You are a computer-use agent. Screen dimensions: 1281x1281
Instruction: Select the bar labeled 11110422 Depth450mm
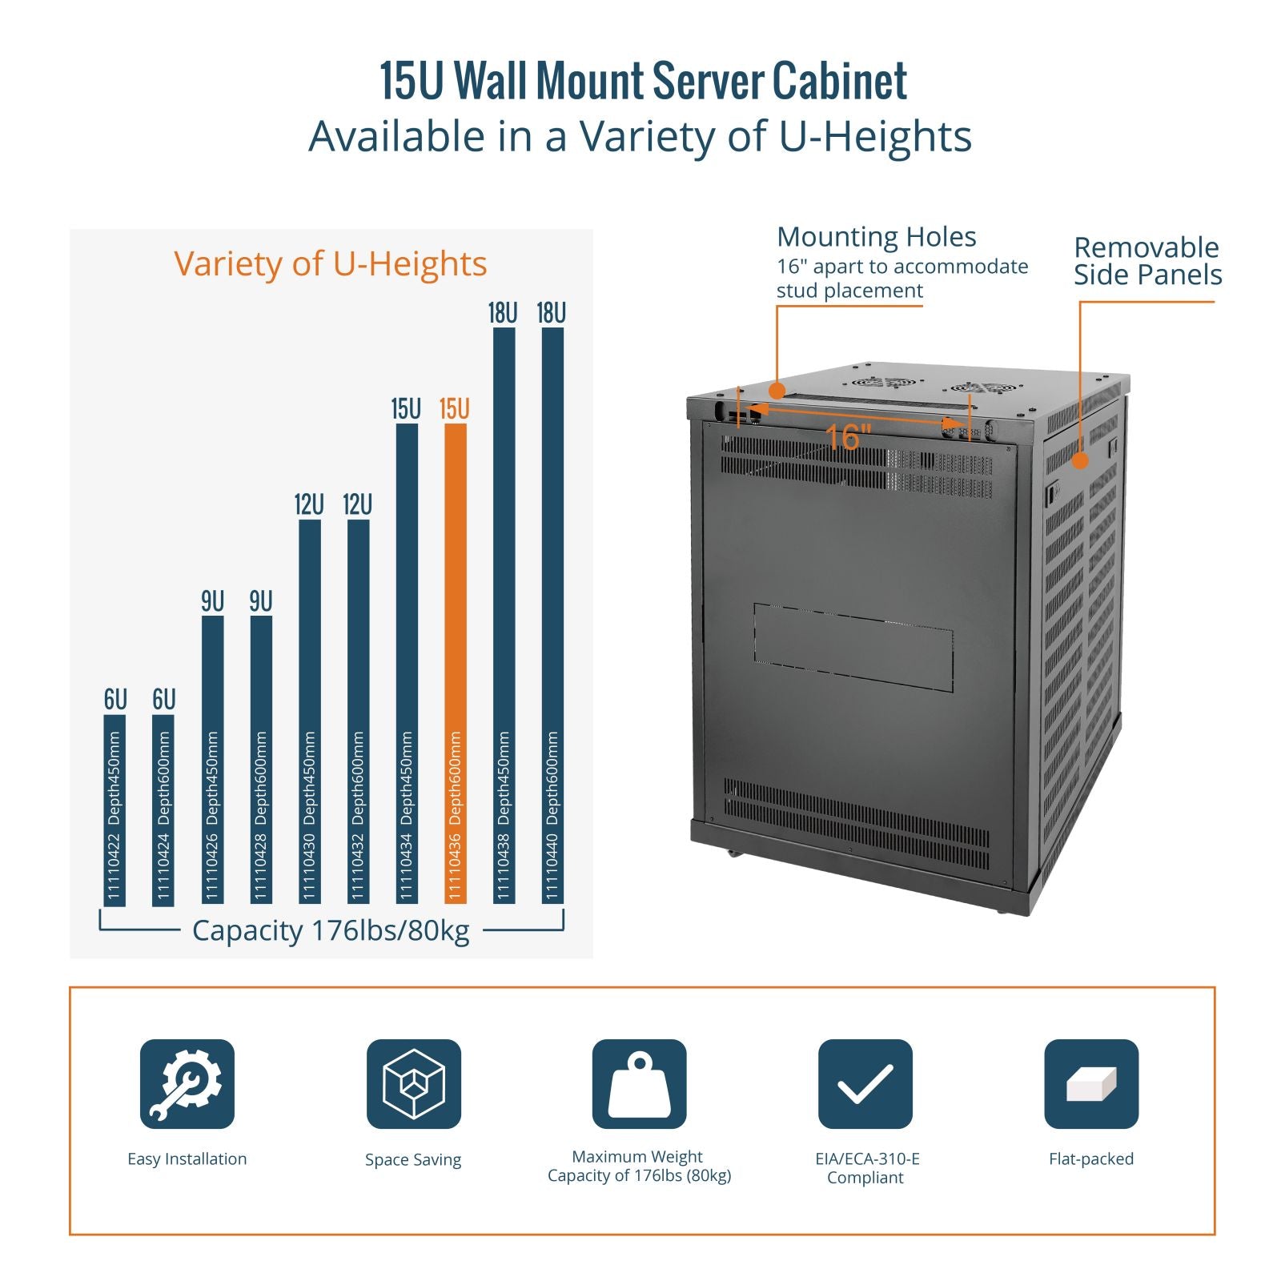(x=114, y=809)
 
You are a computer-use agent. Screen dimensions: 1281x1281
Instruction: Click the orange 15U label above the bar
(x=454, y=409)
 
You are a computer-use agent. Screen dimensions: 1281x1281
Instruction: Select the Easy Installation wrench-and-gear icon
(x=187, y=1084)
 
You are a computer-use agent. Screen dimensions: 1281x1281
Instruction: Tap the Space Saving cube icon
(x=413, y=1084)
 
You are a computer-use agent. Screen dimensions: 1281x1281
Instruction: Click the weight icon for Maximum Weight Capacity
(x=639, y=1084)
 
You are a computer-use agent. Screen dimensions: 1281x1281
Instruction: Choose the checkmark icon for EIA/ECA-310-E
(x=865, y=1084)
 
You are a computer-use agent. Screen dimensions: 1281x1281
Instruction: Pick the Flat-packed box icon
(x=1090, y=1084)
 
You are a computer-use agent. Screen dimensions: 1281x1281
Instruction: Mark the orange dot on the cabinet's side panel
(x=1080, y=460)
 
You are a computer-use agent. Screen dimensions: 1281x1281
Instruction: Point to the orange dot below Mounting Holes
(x=776, y=391)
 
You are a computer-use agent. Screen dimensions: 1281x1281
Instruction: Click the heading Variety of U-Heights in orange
(x=330, y=263)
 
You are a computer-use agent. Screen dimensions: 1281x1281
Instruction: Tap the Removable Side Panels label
(x=1147, y=261)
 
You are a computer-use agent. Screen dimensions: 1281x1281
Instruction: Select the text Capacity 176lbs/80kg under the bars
(x=331, y=930)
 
